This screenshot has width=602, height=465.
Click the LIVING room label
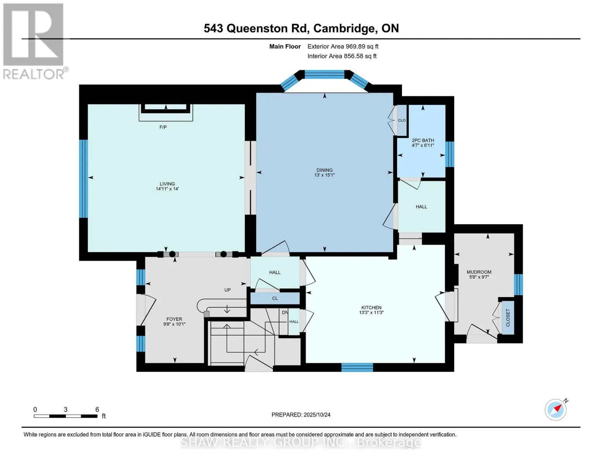pyautogui.click(x=167, y=184)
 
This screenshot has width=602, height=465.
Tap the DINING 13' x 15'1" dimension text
pyautogui.click(x=324, y=175)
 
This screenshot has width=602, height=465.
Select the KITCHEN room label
pyautogui.click(x=371, y=308)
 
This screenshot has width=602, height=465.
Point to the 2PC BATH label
pyautogui.click(x=423, y=140)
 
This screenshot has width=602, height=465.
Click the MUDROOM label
pyautogui.click(x=479, y=272)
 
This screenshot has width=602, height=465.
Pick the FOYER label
pyautogui.click(x=174, y=319)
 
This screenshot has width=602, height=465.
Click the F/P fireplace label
pyautogui.click(x=163, y=127)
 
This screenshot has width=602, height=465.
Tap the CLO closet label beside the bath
pyautogui.click(x=402, y=121)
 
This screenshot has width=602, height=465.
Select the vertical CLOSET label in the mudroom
pyautogui.click(x=508, y=318)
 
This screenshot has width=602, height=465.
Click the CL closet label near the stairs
pyautogui.click(x=275, y=298)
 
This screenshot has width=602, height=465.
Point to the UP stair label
pyautogui.click(x=228, y=290)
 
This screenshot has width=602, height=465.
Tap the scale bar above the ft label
pyautogui.click(x=66, y=416)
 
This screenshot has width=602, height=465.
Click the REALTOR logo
pyautogui.click(x=34, y=41)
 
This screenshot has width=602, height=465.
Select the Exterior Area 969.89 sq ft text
pyautogui.click(x=343, y=46)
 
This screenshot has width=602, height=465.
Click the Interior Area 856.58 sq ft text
pyautogui.click(x=342, y=56)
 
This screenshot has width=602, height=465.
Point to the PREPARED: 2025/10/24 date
pyautogui.click(x=301, y=415)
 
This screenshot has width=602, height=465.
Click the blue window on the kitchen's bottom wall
pyautogui.click(x=357, y=367)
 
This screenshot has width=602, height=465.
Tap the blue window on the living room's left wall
pyautogui.click(x=83, y=179)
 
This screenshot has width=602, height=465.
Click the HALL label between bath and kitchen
pyautogui.click(x=421, y=207)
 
